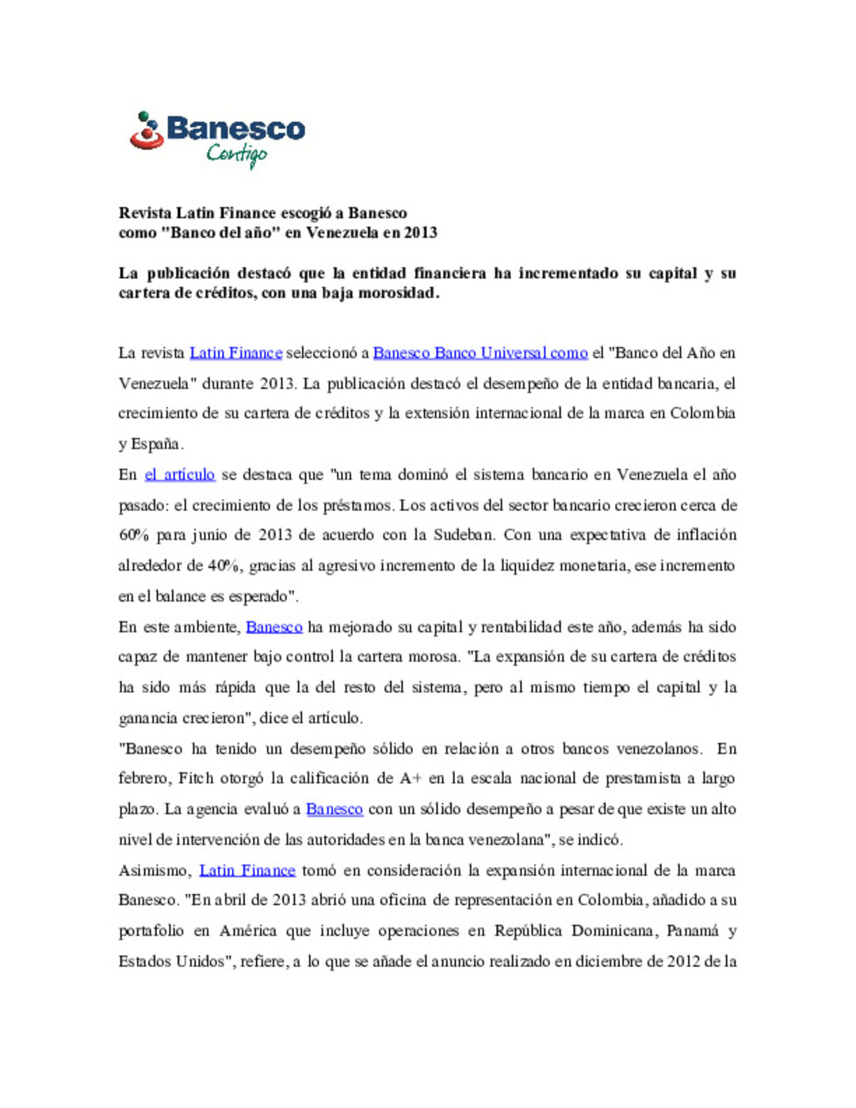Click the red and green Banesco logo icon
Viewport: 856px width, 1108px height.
point(147,131)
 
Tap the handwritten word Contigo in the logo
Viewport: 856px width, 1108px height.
point(237,154)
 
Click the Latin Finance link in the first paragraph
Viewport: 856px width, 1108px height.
point(235,353)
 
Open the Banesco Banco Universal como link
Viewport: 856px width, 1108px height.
point(480,353)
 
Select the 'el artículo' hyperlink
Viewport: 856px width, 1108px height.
point(180,475)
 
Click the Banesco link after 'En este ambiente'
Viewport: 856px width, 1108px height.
point(274,628)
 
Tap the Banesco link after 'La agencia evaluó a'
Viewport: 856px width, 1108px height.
point(334,809)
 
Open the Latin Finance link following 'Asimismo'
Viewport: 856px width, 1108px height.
point(246,870)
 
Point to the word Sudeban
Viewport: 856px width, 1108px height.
point(464,535)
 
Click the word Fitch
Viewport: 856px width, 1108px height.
point(196,778)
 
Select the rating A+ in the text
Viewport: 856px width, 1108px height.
point(411,778)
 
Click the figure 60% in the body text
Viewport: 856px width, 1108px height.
point(134,535)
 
